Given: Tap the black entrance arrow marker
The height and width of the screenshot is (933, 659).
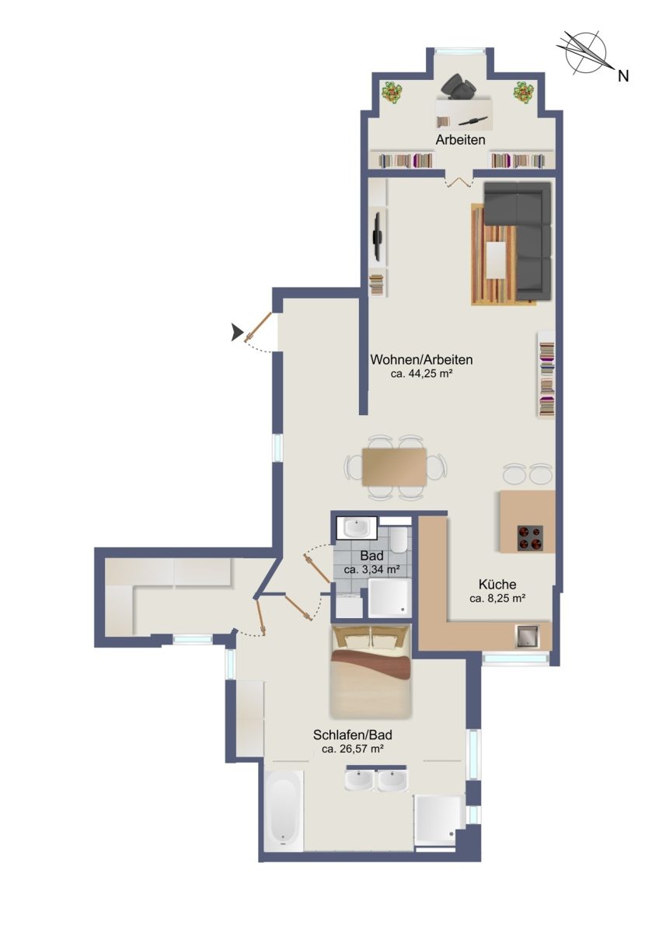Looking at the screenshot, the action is pyautogui.click(x=237, y=333).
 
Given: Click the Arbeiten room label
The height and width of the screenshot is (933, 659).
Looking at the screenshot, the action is pyautogui.click(x=460, y=139).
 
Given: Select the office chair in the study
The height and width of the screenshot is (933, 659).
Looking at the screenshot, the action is pyautogui.click(x=459, y=85).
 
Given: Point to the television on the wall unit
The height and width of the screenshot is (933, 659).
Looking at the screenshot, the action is pyautogui.click(x=377, y=236).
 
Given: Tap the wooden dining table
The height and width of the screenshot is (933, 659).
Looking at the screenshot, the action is pyautogui.click(x=394, y=466).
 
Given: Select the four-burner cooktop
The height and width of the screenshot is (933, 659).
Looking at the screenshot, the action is pyautogui.click(x=530, y=538).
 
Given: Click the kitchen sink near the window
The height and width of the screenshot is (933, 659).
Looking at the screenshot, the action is pyautogui.click(x=527, y=636).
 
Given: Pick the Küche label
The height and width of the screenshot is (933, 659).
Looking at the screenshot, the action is pyautogui.click(x=497, y=585).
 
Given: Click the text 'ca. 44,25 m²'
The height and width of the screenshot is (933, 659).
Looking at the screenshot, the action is pyautogui.click(x=421, y=374).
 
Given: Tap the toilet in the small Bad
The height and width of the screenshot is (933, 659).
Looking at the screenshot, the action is pyautogui.click(x=398, y=540).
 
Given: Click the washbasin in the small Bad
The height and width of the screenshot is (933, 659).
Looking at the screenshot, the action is pyautogui.click(x=357, y=528).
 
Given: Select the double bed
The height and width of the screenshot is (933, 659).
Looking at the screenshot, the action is pyautogui.click(x=370, y=672).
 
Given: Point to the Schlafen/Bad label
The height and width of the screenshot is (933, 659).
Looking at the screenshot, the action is pyautogui.click(x=353, y=735).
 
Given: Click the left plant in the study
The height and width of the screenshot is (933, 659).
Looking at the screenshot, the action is pyautogui.click(x=392, y=91).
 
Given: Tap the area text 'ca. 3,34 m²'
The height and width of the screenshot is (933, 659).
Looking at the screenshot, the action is pyautogui.click(x=371, y=570).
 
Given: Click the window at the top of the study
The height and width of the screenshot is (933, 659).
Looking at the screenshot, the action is pyautogui.click(x=460, y=51).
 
